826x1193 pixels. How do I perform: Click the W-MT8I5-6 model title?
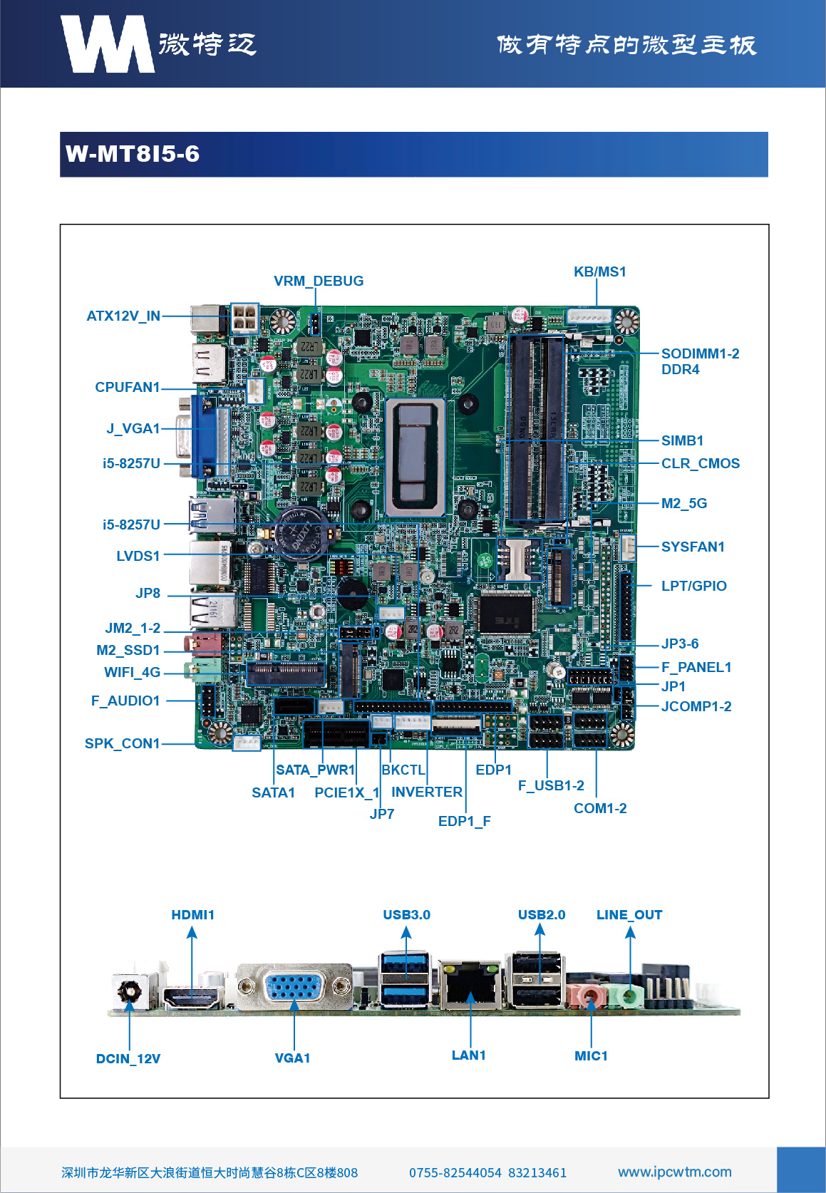[x=133, y=154]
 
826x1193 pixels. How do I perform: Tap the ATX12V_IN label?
[x=123, y=316]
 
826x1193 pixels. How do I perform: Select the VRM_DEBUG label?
[x=319, y=281]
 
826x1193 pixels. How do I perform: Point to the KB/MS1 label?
[x=600, y=272]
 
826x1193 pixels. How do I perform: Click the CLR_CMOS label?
[x=700, y=463]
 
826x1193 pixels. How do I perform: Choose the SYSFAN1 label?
[x=693, y=547]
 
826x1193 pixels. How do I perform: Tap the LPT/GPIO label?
[x=693, y=586]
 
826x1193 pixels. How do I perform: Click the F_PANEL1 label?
[x=696, y=667]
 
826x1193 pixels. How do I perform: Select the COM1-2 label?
[x=600, y=808]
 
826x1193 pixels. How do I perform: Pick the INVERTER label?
[x=426, y=792]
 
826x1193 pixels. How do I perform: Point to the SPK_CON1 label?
[x=122, y=743]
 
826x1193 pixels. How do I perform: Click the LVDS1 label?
[x=138, y=556]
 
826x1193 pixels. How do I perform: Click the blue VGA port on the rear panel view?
[x=294, y=988]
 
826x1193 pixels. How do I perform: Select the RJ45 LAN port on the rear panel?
[x=470, y=986]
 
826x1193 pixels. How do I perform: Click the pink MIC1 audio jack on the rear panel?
[x=589, y=993]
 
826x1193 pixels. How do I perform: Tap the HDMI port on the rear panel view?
[x=191, y=997]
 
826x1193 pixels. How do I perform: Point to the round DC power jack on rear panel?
[x=130, y=991]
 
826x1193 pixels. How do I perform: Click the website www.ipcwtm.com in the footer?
[x=674, y=1172]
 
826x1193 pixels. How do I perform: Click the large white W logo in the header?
[x=107, y=44]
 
